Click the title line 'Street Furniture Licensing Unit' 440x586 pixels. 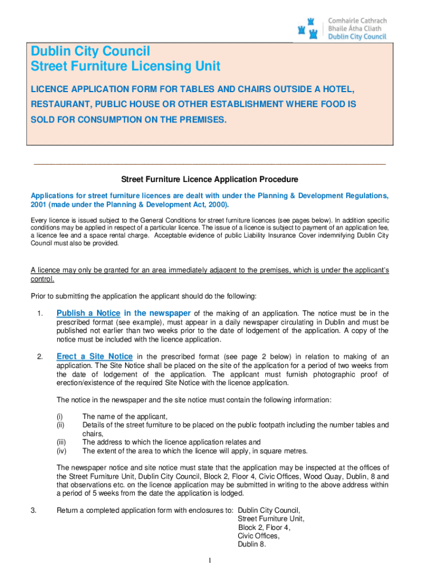125,66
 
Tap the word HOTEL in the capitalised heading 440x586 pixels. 335,90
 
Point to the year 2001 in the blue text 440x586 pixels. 39,205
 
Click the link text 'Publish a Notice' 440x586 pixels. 89,313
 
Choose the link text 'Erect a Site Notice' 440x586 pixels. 94,357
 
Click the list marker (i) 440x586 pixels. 59,417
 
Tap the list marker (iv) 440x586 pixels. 61,451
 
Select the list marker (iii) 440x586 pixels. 60,442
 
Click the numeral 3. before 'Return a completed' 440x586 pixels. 34,510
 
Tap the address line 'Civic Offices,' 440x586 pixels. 259,536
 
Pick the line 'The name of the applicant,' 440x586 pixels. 125,417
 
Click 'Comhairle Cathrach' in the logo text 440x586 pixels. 357,21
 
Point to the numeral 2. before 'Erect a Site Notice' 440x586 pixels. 40,357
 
